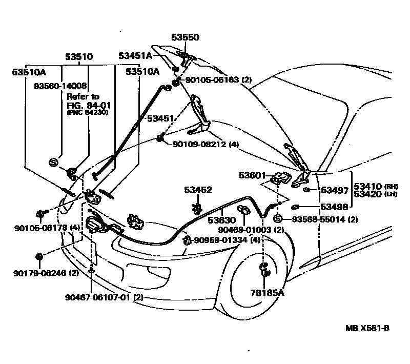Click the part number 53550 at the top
point(185,37)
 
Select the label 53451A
point(135,55)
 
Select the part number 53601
point(252,175)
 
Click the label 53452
point(198,190)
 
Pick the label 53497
point(334,191)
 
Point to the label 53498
point(334,207)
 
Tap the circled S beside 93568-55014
point(278,219)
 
